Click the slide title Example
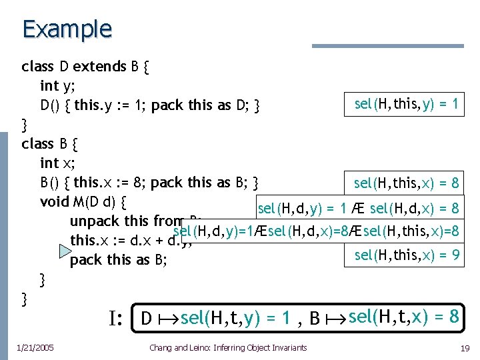click(x=67, y=29)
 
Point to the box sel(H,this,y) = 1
click(x=407, y=103)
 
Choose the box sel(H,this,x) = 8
click(x=407, y=183)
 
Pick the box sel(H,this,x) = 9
click(x=407, y=254)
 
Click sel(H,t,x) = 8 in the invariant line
click(x=402, y=317)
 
